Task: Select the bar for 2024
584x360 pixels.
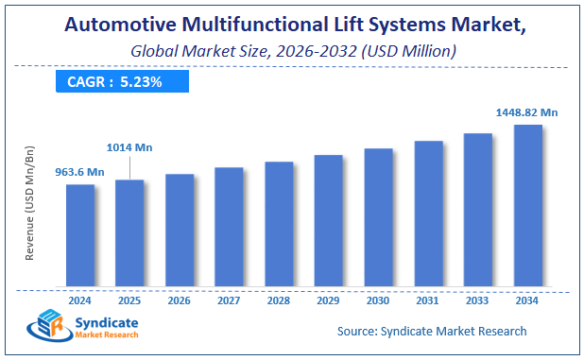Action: (80, 235)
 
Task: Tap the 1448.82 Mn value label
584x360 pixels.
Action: (526, 111)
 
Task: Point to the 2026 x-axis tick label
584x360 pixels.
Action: (180, 300)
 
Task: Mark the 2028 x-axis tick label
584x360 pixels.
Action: (279, 300)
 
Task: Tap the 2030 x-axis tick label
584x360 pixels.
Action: (378, 300)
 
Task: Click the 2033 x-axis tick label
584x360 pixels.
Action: (477, 300)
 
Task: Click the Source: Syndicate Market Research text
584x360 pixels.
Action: (432, 331)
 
